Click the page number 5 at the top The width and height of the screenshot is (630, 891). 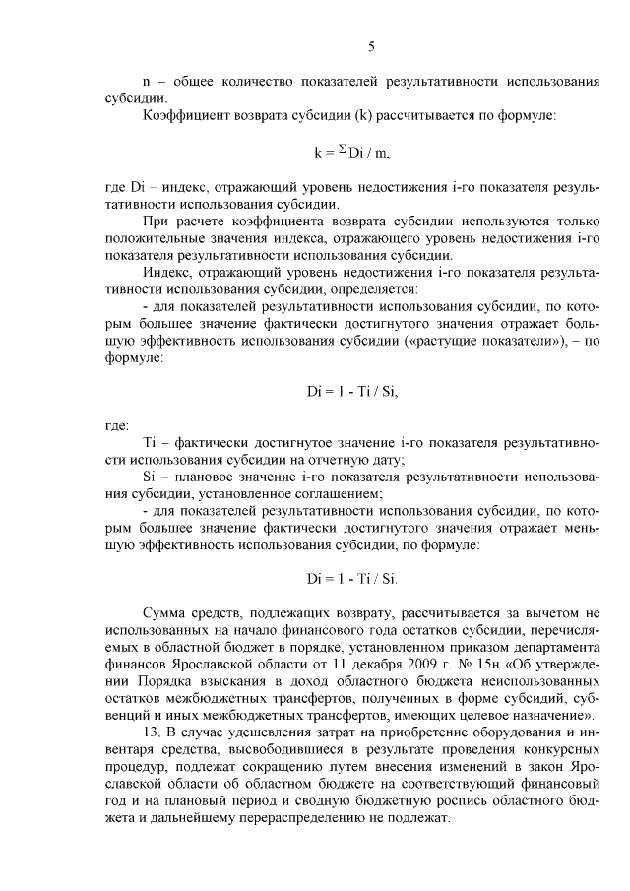click(371, 45)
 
